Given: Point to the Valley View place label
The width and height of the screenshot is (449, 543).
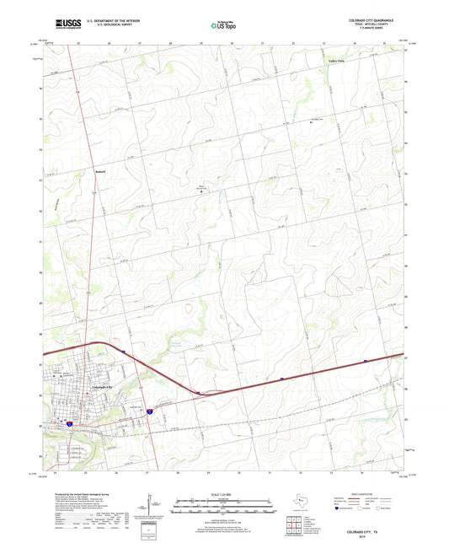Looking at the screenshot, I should (337, 62).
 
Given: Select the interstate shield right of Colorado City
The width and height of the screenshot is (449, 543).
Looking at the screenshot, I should (150, 411).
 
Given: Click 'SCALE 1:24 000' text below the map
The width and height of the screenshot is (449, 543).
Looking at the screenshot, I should (223, 493).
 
